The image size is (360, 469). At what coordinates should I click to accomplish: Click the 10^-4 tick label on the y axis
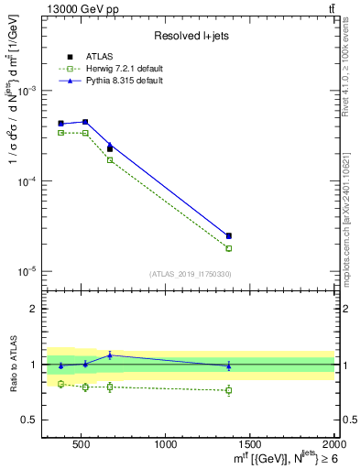pyautogui.click(x=27, y=182)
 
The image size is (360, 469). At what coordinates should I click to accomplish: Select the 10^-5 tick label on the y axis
pyautogui.click(x=27, y=272)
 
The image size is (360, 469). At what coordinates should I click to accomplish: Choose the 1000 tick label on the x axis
pyautogui.click(x=166, y=444)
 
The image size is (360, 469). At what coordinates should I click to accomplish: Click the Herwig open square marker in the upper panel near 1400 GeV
pyautogui.click(x=229, y=248)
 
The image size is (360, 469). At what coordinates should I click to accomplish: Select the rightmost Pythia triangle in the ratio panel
pyautogui.click(x=229, y=366)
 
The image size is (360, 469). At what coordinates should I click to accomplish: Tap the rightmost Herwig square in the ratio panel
pyautogui.click(x=229, y=390)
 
